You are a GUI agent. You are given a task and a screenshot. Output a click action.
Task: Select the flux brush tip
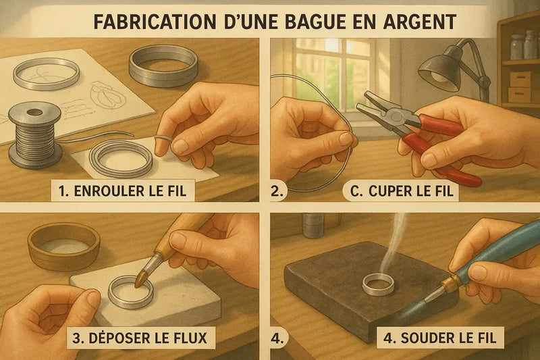point(142,277)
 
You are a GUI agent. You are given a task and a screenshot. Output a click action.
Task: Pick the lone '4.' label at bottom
point(277,336)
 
